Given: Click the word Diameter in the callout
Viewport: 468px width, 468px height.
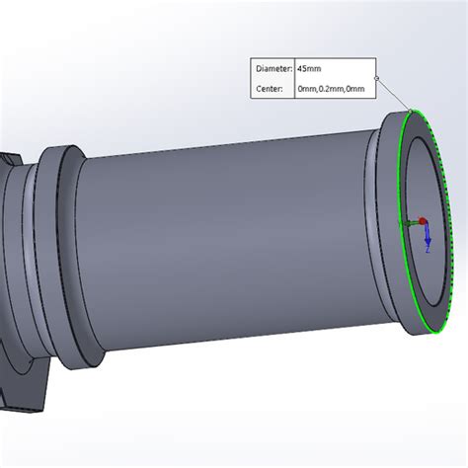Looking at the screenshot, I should (273, 69).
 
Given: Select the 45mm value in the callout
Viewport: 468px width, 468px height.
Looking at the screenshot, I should (309, 69).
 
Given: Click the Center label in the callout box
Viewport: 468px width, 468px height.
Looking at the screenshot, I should (270, 89).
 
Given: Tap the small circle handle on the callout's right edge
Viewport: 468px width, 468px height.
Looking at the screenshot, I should (376, 78).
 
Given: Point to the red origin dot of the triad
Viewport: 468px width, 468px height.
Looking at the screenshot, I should (423, 221).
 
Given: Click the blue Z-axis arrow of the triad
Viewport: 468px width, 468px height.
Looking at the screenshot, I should (427, 235).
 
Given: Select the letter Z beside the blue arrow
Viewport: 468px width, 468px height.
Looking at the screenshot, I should (427, 250).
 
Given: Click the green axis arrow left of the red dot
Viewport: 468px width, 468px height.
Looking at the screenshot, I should (408, 224).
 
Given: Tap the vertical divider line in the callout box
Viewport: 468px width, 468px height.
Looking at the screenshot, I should (294, 79).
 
